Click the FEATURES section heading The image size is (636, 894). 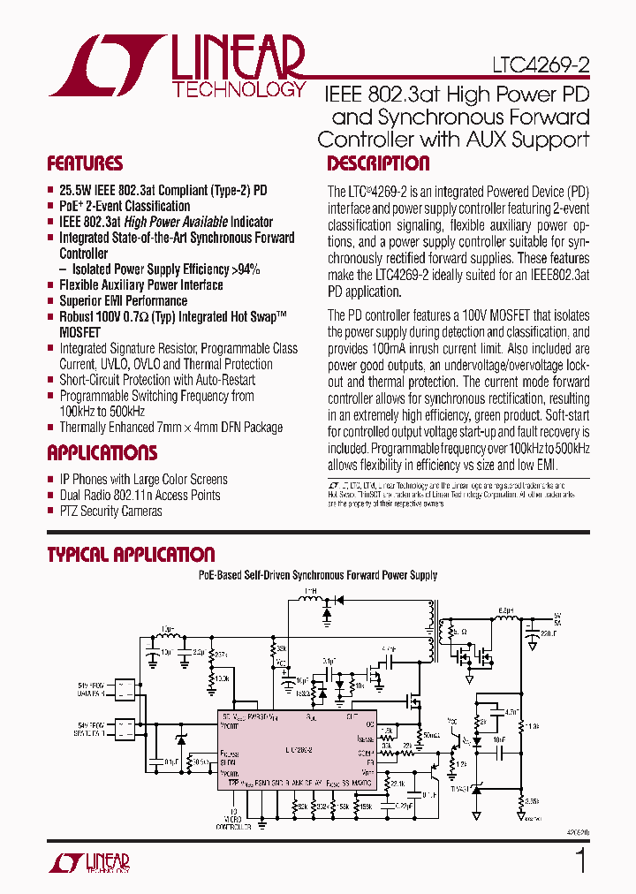(x=85, y=163)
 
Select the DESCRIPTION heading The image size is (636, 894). (x=378, y=163)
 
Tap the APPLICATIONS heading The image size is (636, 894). (x=102, y=453)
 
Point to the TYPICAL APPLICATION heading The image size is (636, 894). (x=131, y=555)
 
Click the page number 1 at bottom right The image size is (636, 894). (x=580, y=860)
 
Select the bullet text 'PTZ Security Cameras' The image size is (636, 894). (x=110, y=511)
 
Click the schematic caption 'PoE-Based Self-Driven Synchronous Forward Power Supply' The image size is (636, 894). (x=317, y=575)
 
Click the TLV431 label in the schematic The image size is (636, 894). (x=459, y=787)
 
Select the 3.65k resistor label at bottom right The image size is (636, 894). (x=533, y=801)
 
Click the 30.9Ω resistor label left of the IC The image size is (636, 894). (x=201, y=761)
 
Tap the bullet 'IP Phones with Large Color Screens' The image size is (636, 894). (x=143, y=480)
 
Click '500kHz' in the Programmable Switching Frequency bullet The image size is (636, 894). (x=127, y=412)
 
